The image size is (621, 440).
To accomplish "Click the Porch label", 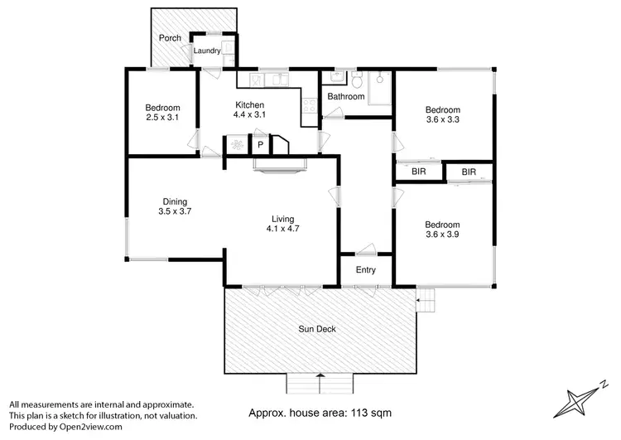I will tap(171, 38).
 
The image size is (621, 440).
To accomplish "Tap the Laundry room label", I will tap(206, 51).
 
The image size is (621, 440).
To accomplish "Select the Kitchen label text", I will tap(249, 104).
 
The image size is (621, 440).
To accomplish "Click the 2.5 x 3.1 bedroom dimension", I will tap(162, 118).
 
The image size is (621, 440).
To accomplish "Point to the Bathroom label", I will tap(345, 97).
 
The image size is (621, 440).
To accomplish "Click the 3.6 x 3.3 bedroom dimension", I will tap(442, 120).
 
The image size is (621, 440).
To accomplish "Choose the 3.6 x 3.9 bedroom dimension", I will tap(442, 235).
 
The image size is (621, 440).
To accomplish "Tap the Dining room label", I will tap(175, 201).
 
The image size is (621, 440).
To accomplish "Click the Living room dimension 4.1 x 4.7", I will tap(283, 229).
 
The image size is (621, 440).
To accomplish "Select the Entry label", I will tap(365, 270).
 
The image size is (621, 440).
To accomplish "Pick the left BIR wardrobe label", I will tap(419, 172).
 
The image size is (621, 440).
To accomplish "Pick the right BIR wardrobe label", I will tap(469, 172).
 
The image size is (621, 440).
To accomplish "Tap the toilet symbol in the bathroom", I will tap(356, 80).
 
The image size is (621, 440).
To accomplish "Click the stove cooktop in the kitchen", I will tap(310, 106).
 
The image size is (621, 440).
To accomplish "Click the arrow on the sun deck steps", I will tap(320, 378).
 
